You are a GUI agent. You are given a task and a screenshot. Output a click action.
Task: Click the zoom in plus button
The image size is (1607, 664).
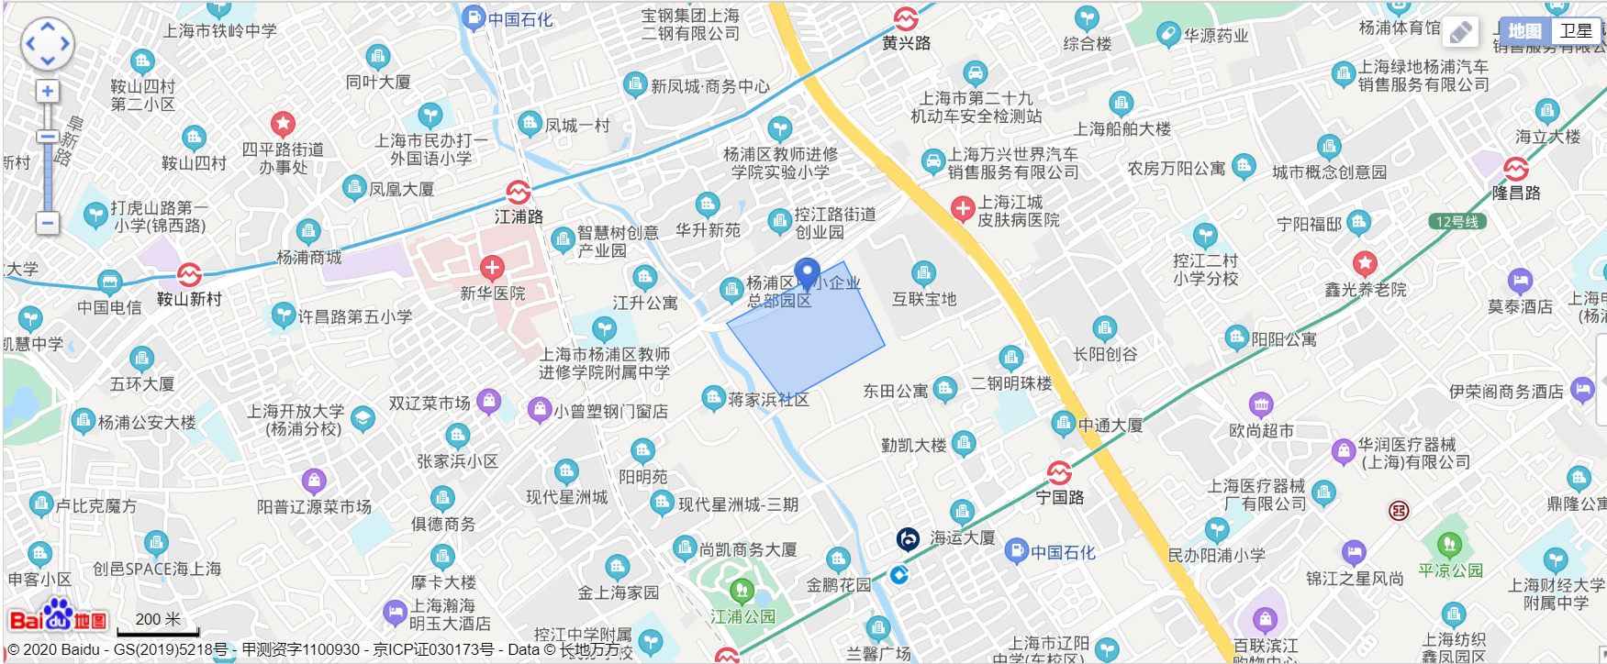pyautogui.click(x=48, y=92)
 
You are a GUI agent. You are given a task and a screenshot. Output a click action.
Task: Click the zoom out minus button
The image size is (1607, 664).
pyautogui.click(x=48, y=223)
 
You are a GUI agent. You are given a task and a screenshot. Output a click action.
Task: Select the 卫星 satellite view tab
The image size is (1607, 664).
pyautogui.click(x=1576, y=31)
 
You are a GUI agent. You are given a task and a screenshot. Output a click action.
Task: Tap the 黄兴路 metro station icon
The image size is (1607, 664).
pyautogui.click(x=906, y=18)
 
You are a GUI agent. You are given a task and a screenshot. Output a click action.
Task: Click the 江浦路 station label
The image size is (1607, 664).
pyautogui.click(x=519, y=216)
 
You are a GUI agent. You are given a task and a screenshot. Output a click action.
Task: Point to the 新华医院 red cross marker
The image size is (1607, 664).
pyautogui.click(x=492, y=268)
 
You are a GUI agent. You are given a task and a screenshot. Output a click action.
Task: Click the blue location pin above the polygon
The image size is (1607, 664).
pyautogui.click(x=807, y=273)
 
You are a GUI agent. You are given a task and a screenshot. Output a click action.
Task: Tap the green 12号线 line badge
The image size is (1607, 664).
pyautogui.click(x=1457, y=222)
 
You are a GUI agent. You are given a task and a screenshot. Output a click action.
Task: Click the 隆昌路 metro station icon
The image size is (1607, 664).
pyautogui.click(x=1516, y=170)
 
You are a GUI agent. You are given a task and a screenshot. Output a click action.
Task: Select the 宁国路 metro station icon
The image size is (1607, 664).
pyautogui.click(x=1059, y=473)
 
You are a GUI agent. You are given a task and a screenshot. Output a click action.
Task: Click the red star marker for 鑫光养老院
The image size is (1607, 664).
pyautogui.click(x=1365, y=264)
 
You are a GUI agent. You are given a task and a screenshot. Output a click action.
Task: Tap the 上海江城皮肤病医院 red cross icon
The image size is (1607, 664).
pyautogui.click(x=963, y=209)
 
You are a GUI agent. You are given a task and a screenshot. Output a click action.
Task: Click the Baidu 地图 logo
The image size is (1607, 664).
pyautogui.click(x=58, y=619)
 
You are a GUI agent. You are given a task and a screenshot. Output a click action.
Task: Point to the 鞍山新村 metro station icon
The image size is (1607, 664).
pyautogui.click(x=189, y=275)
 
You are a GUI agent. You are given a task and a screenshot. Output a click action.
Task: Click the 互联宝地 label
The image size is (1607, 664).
pyautogui.click(x=924, y=299)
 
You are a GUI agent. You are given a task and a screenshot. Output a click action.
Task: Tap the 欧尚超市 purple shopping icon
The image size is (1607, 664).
pyautogui.click(x=1261, y=404)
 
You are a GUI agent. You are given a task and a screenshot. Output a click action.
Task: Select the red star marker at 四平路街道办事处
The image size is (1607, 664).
pyautogui.click(x=283, y=123)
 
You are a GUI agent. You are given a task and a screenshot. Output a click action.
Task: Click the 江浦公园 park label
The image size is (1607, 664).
pyautogui.click(x=742, y=617)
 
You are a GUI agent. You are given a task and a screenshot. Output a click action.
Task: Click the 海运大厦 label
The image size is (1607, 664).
pyautogui.click(x=962, y=538)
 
